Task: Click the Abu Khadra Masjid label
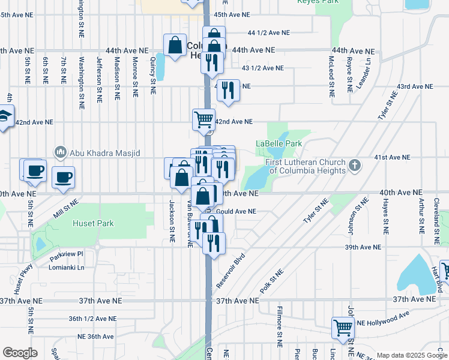point(104,153)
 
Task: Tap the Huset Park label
point(93,224)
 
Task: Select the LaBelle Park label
point(279,144)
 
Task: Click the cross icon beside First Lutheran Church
point(355,164)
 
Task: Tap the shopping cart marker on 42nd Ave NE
point(203,119)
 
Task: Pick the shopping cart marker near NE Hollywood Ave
point(343,328)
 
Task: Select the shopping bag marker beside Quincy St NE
point(175,46)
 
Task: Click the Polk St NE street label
point(271,280)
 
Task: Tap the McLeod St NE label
point(331,77)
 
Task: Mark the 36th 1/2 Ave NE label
point(92,319)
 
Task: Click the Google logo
point(20,353)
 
